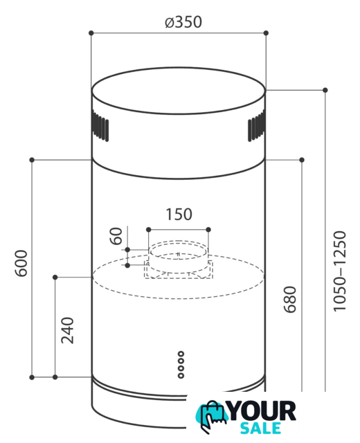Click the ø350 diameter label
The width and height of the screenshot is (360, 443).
click(183, 22)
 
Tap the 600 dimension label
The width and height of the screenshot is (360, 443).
click(21, 263)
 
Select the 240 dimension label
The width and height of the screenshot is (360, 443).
click(68, 330)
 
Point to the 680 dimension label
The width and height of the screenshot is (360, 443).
click(290, 299)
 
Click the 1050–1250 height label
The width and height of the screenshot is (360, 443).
click(339, 271)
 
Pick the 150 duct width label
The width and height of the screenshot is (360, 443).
click(179, 215)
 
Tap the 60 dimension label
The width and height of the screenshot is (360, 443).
click(116, 236)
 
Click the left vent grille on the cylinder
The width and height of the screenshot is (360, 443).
click(100, 126)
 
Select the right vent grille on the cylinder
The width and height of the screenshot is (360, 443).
click(257, 126)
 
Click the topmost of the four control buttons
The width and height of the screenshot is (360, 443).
click(181, 354)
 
